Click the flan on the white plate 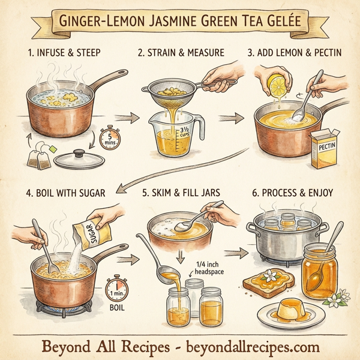(x=287, y=310)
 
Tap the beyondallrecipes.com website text (x=251, y=347)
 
